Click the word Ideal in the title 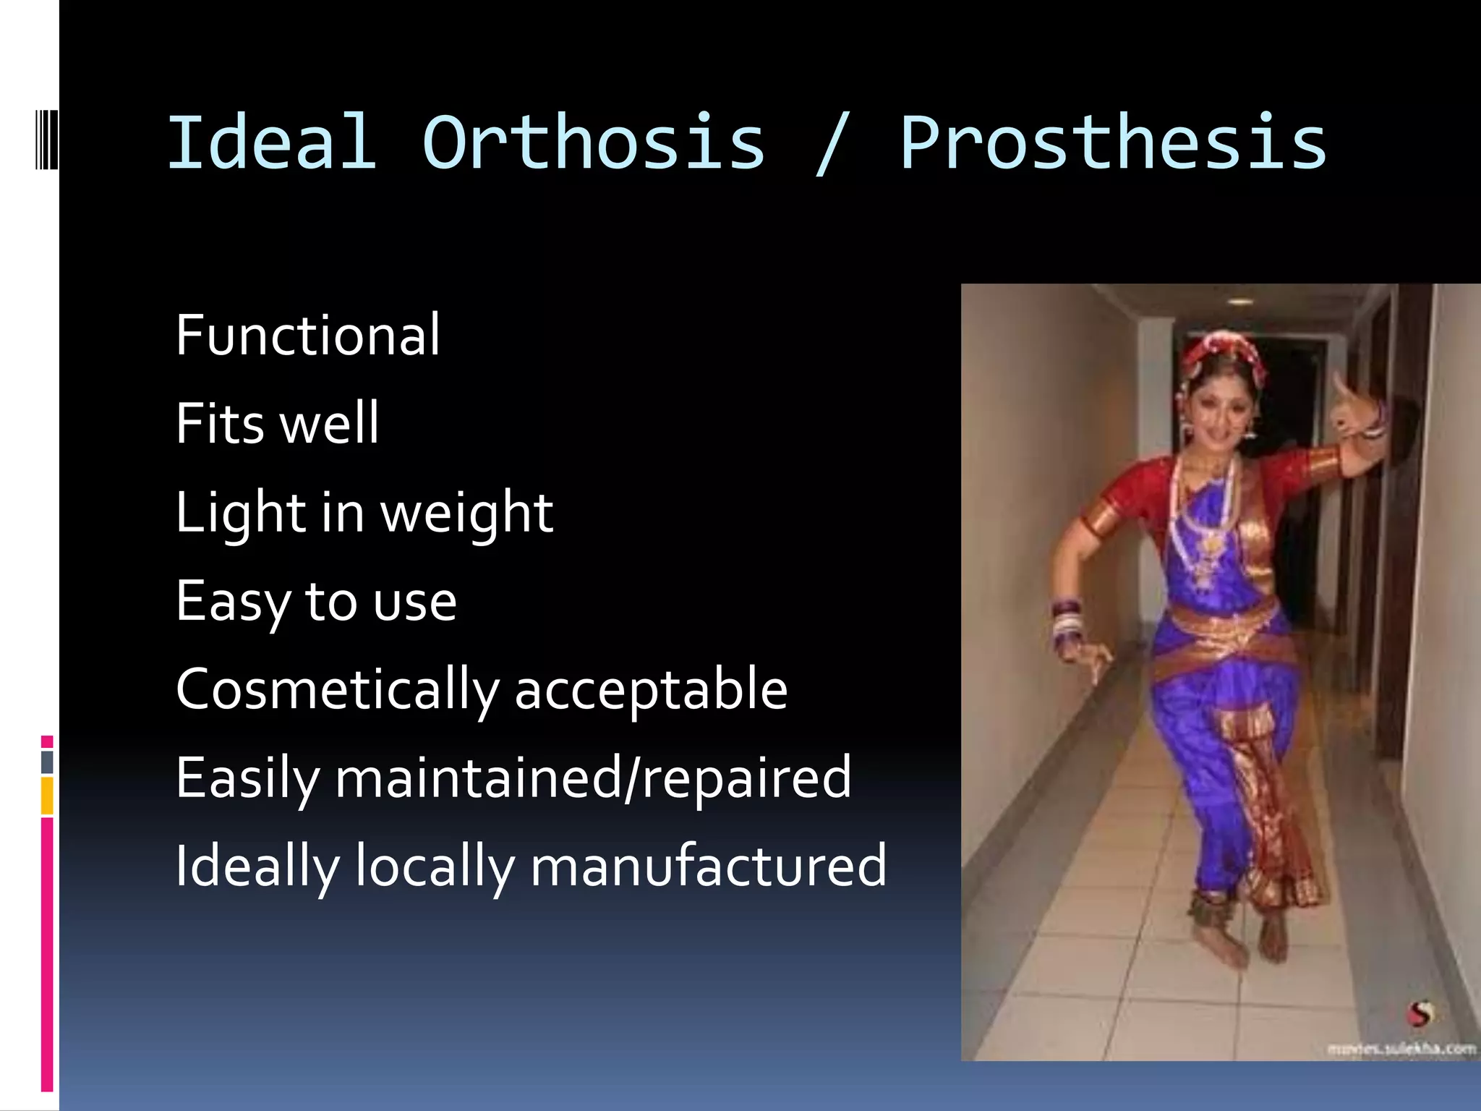point(272,142)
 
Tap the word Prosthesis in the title point(1113,142)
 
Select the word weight point(466,514)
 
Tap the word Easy point(231,602)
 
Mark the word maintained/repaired point(593,778)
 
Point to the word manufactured point(708,867)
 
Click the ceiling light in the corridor point(1239,301)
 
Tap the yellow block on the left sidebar point(47,796)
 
